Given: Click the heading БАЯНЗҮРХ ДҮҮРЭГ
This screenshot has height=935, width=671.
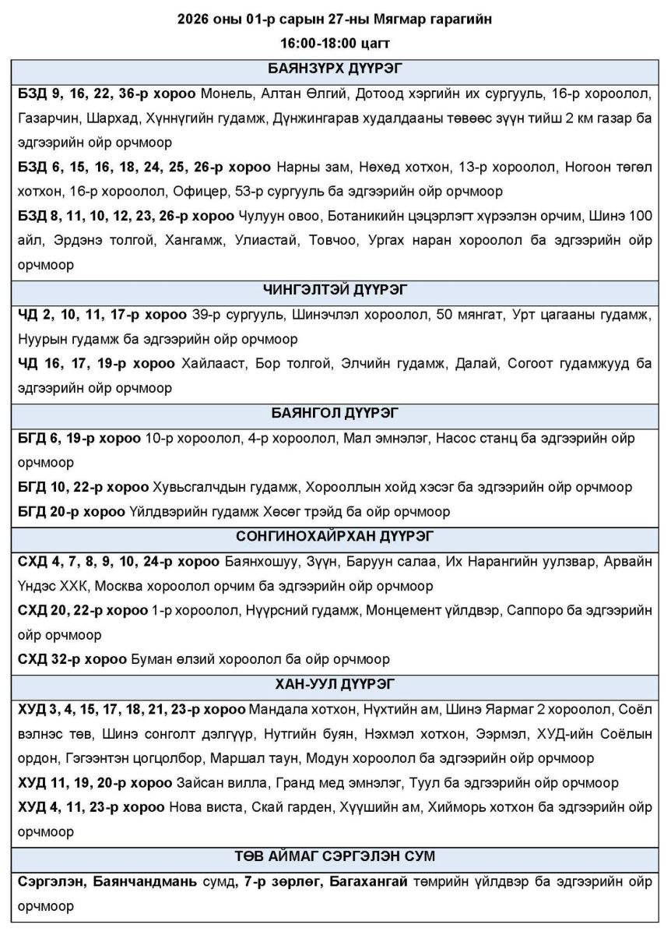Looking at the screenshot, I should click(335, 68).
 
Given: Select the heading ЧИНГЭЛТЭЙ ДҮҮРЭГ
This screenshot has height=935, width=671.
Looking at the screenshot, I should click(335, 290).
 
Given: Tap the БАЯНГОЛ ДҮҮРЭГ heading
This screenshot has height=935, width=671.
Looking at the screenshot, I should click(335, 413).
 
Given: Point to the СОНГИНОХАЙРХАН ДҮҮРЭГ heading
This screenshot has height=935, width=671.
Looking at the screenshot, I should click(335, 536).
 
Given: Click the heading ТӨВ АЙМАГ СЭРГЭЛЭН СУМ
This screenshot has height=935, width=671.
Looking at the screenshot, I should click(335, 856).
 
